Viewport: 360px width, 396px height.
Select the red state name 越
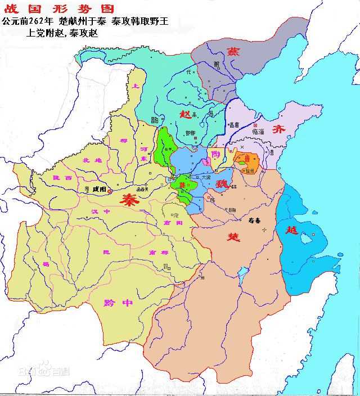[291, 229]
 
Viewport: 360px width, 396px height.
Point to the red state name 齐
[279, 129]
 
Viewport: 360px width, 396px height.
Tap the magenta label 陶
[216, 151]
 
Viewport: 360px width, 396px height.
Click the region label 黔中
[119, 303]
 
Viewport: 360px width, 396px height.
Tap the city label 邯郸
[190, 133]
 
